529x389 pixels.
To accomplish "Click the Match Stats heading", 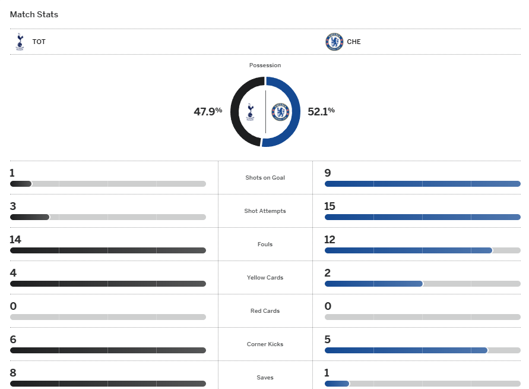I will [34, 14].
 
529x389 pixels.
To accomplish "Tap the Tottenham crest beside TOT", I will [20, 42].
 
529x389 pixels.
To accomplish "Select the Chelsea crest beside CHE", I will [334, 42].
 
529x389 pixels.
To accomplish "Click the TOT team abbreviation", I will [39, 42].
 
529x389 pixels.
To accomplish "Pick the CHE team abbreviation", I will [353, 42].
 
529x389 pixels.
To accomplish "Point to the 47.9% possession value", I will [208, 111].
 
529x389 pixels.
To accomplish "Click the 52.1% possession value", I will [321, 111].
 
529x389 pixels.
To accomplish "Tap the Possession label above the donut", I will [265, 65].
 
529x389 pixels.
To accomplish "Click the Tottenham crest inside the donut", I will [251, 111].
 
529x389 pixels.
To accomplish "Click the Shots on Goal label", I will [265, 178].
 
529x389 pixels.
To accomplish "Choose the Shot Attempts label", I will [265, 211].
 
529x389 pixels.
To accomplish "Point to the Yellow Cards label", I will [265, 278].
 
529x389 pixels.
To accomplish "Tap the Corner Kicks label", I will [265, 344].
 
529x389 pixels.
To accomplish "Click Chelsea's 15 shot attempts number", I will [330, 206].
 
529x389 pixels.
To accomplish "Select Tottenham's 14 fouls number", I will [15, 240].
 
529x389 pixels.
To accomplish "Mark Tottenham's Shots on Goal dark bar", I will [21, 184].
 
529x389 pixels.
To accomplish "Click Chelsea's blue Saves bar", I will [337, 384].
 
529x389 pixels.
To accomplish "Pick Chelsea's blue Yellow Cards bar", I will [373, 284].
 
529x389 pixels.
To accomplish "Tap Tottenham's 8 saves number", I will [13, 373].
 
